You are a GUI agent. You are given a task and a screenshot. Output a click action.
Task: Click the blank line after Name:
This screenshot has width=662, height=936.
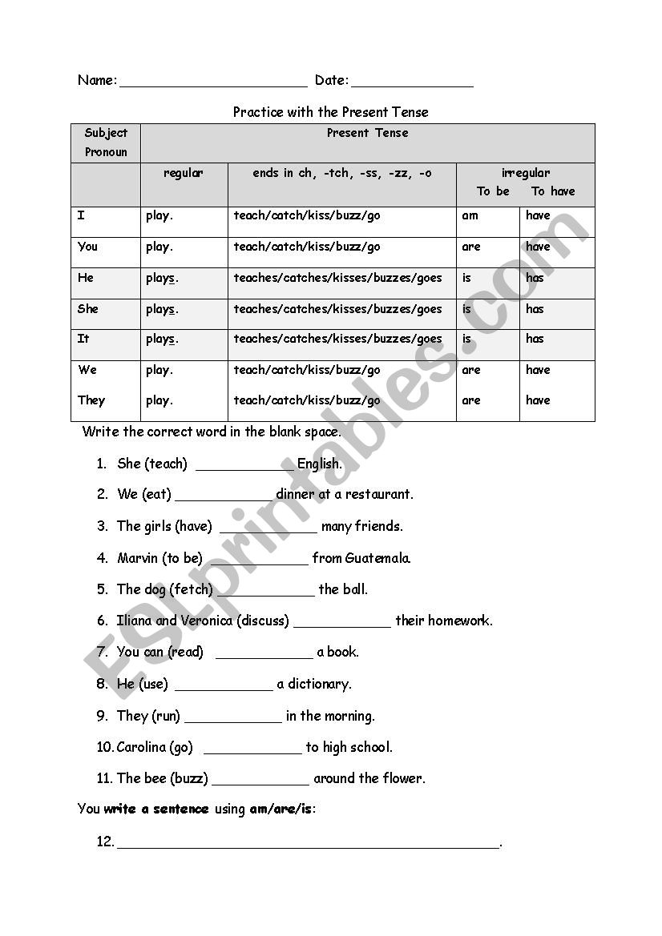[213, 83]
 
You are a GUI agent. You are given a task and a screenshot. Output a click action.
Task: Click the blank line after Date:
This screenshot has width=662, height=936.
[412, 83]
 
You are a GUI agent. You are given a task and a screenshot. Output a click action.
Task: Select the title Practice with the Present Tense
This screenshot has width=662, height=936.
[330, 112]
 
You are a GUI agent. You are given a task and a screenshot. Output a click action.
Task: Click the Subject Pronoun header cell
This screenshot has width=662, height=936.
[106, 143]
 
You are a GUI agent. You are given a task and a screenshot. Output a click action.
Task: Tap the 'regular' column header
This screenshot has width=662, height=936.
[184, 173]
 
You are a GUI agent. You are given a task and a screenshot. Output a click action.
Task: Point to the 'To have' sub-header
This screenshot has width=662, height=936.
[553, 191]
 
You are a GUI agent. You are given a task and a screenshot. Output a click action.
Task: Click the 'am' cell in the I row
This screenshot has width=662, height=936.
[470, 215]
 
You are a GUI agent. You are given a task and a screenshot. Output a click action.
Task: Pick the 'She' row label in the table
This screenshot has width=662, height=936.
[88, 308]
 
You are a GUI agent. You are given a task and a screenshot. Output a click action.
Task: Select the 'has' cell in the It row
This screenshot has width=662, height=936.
[535, 339]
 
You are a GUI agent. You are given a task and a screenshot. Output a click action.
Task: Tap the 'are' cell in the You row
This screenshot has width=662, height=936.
[471, 247]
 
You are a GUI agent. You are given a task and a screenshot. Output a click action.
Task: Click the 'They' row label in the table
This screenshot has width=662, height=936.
[91, 400]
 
